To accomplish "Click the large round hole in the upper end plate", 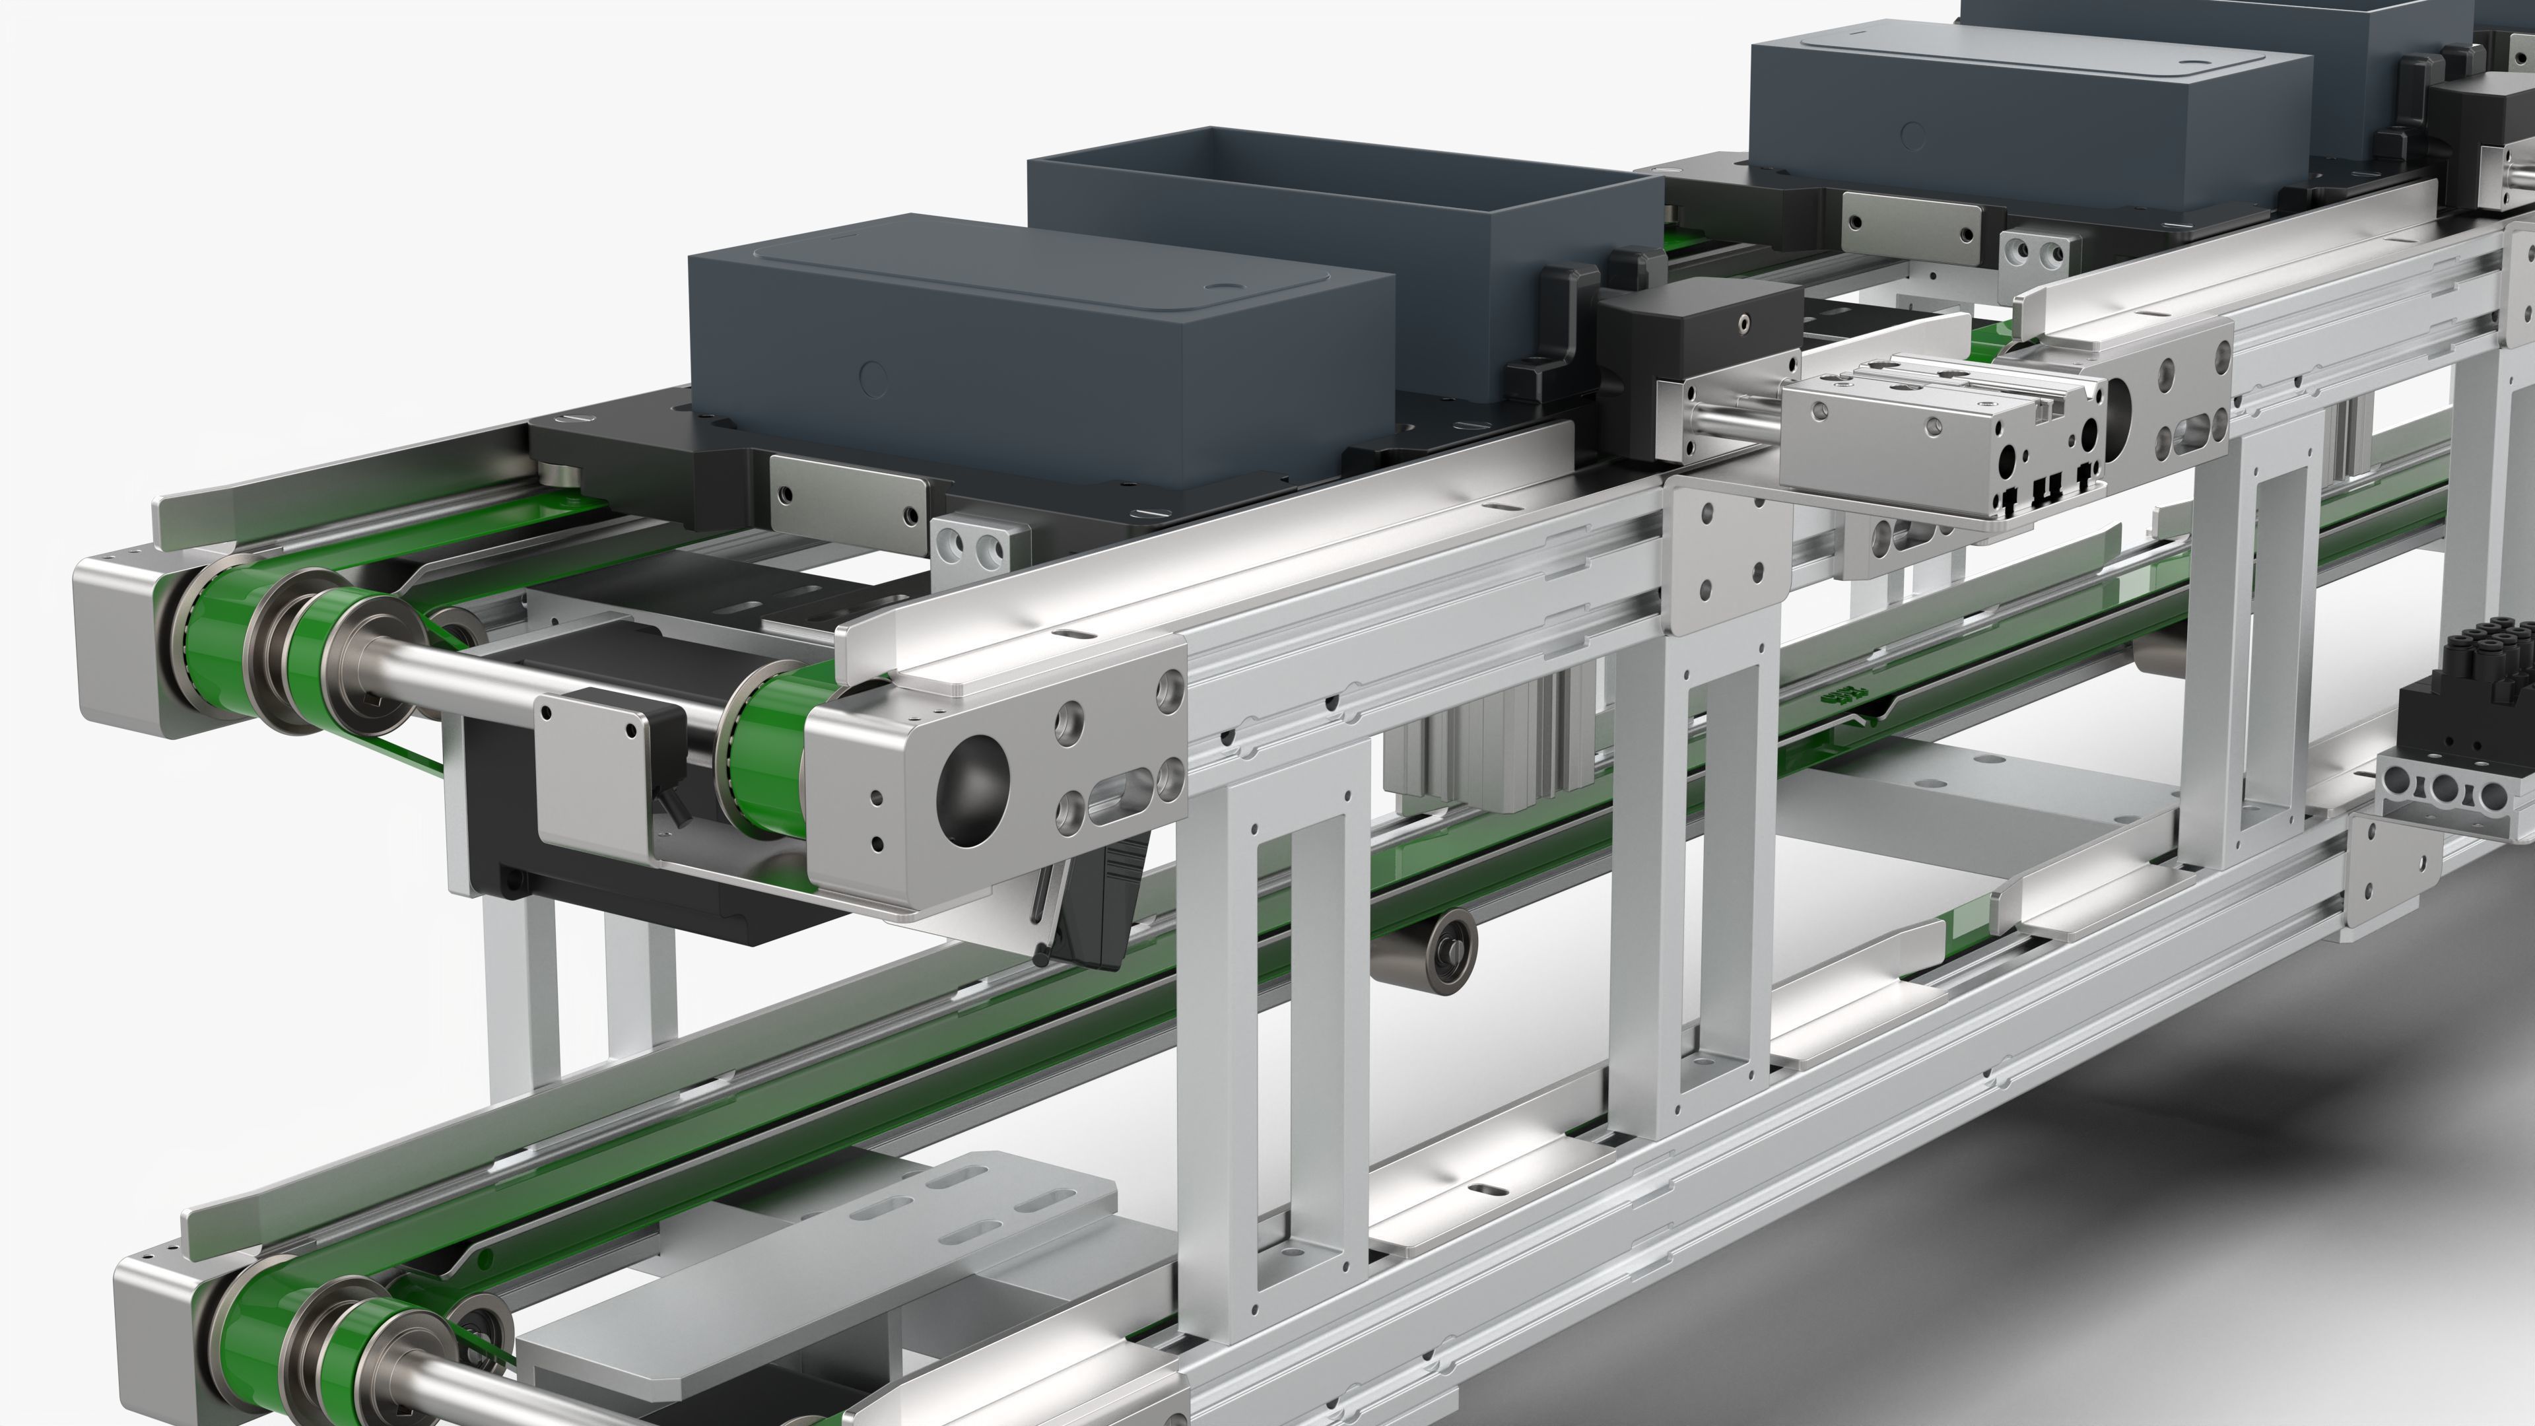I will point(972,790).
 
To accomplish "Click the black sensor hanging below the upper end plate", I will point(1093,905).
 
